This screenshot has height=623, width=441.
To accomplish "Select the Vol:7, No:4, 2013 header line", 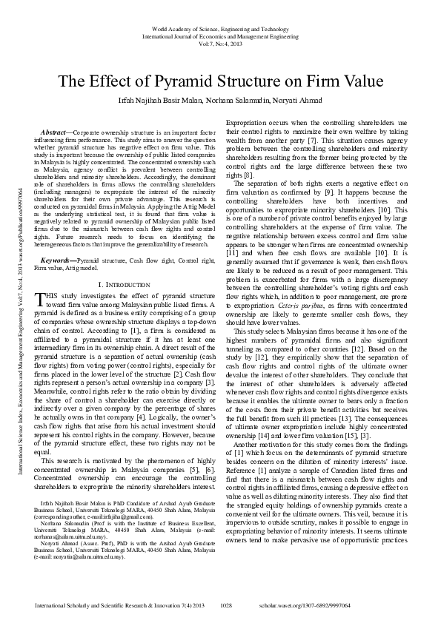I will point(220,44).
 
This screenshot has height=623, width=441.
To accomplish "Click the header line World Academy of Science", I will point(220,27).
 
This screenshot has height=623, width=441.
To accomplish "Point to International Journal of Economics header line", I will point(220,36).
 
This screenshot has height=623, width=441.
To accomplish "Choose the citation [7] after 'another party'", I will point(313,139).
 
